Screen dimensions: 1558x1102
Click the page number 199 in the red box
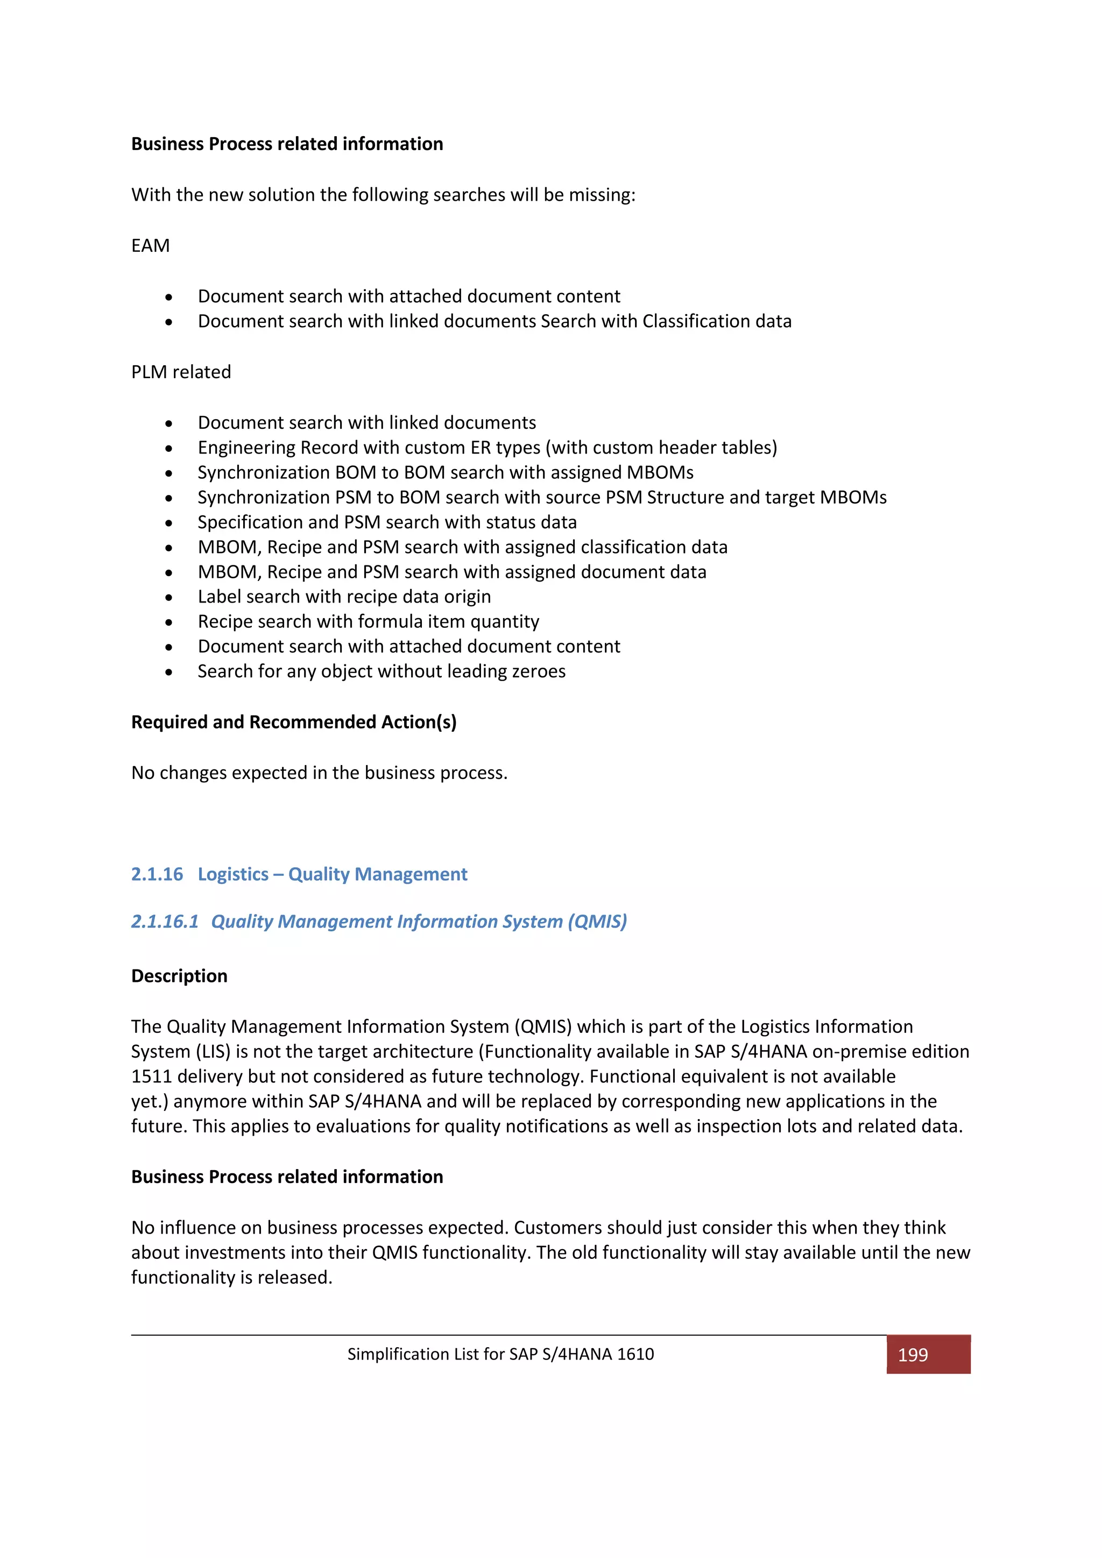(x=912, y=1355)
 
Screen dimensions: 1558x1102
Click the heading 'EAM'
(x=150, y=246)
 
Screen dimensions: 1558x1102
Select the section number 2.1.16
(x=157, y=874)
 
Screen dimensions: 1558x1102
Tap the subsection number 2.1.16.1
(x=165, y=922)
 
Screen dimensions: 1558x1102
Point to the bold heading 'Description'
(x=179, y=976)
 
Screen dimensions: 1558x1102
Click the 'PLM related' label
(x=181, y=372)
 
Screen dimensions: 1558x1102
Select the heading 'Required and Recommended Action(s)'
(x=293, y=722)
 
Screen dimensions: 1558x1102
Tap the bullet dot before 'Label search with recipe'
(x=169, y=598)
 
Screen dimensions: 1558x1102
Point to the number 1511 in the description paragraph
(x=153, y=1076)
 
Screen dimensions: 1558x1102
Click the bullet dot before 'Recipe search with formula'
(x=169, y=623)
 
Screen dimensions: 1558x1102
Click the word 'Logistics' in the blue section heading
(x=233, y=874)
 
